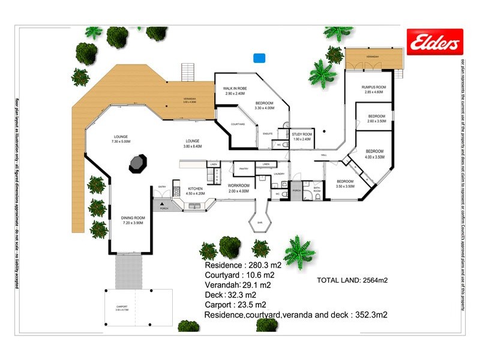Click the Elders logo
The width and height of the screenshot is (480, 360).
point(433,41)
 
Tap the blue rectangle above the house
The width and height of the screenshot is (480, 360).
point(259,58)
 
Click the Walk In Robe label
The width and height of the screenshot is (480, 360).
point(231,91)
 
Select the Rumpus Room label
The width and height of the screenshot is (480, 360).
point(373,89)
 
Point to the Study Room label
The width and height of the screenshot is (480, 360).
point(302,136)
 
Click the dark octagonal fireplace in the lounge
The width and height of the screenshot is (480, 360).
point(137,163)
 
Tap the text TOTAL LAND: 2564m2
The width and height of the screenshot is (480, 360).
point(352,280)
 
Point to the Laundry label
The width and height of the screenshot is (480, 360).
point(278,174)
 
